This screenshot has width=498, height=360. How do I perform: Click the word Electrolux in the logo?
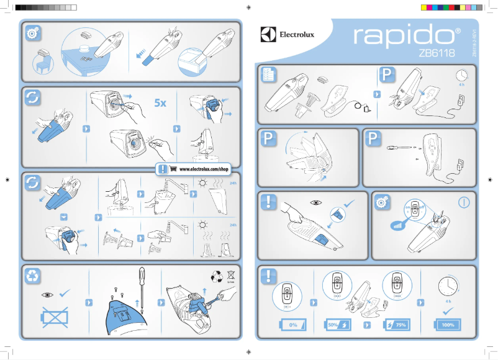coord(296,35)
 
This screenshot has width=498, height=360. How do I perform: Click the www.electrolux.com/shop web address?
coord(204,169)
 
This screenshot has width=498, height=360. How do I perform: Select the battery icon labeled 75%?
coord(396,325)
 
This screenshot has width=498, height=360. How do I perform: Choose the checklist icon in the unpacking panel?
coord(269,74)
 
